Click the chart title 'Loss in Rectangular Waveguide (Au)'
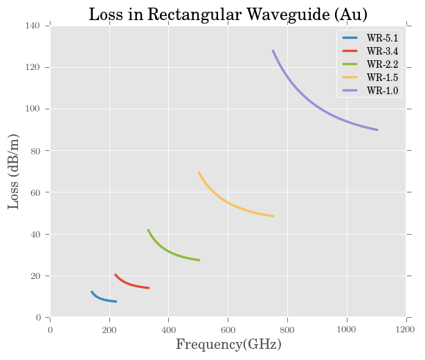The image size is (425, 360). [x=228, y=15]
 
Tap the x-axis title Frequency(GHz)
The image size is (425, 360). [x=228, y=344]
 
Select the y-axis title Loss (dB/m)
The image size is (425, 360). [x=14, y=172]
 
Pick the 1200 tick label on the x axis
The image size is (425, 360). [x=406, y=329]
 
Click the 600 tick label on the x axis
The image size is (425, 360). [x=228, y=329]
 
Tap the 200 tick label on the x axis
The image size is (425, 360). [x=109, y=329]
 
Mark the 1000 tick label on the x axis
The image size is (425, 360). [x=346, y=329]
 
